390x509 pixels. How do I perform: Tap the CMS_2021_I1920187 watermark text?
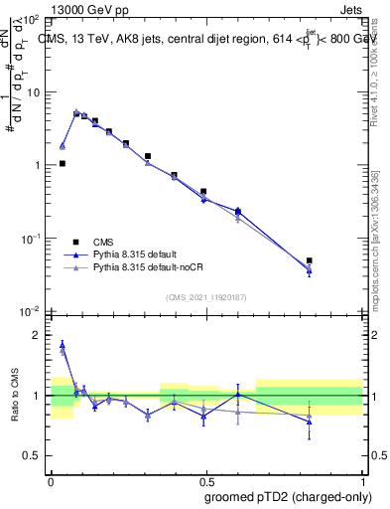tap(206, 297)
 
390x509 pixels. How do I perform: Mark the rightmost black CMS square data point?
tap(310, 260)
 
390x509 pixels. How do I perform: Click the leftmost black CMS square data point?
tap(62, 163)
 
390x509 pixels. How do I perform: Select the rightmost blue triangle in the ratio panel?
tap(310, 422)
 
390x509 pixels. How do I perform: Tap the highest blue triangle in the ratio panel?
tap(62, 345)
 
